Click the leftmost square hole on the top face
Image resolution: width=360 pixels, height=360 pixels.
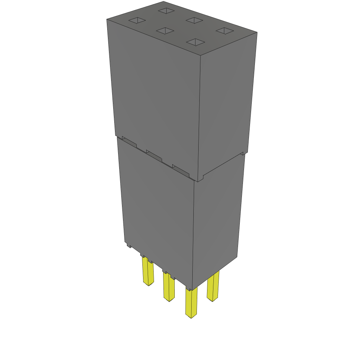pos(137,21)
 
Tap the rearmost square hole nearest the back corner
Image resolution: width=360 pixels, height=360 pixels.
pos(166,11)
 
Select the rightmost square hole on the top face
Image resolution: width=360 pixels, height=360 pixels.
pos(225,31)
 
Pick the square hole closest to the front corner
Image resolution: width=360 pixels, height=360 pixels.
pos(195,42)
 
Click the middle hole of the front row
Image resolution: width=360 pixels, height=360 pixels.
pos(165,31)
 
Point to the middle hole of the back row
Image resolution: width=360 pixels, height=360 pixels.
pos(194,20)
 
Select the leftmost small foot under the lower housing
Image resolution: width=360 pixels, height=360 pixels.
pos(129,245)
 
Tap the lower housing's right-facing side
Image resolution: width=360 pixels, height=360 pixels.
pos(218,218)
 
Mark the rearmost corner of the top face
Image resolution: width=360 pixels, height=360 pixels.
pos(164,2)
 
